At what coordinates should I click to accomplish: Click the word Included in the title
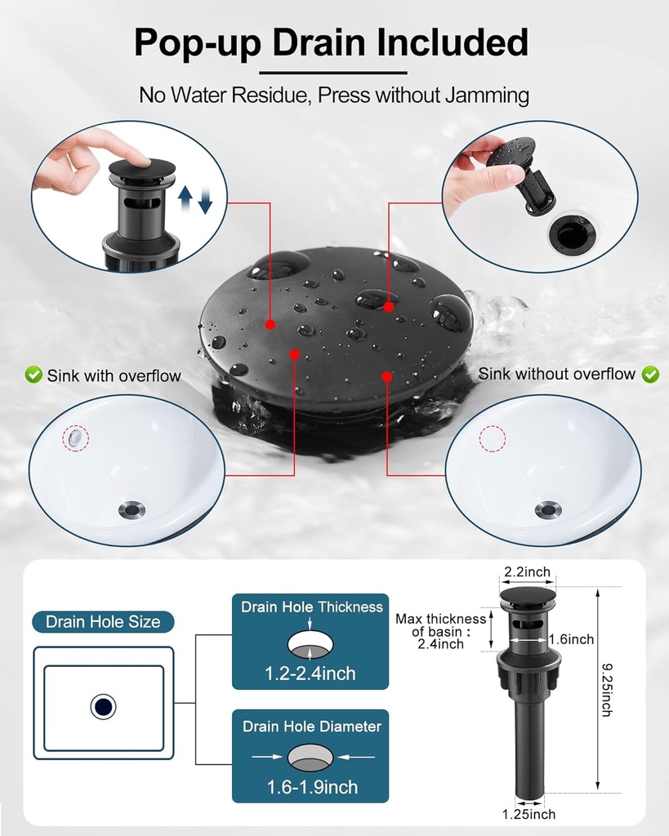[452, 42]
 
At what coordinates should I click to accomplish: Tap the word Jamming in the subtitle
[487, 96]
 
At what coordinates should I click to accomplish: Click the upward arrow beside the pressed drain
[185, 198]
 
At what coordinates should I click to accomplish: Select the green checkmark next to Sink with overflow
[33, 375]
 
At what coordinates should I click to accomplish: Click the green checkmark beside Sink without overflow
[650, 374]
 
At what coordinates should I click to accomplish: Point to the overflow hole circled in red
[76, 438]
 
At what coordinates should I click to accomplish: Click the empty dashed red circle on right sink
[493, 438]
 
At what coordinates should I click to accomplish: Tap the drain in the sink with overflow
[132, 510]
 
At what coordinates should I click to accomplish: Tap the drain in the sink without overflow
[548, 510]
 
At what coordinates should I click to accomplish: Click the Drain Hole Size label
[103, 621]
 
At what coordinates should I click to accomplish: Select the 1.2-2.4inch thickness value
[310, 674]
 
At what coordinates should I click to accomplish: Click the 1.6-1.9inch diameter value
[312, 787]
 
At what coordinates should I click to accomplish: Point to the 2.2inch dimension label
[527, 572]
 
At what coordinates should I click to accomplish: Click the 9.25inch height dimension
[607, 690]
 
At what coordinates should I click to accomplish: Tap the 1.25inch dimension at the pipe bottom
[529, 814]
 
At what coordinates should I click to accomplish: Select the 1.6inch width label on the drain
[571, 639]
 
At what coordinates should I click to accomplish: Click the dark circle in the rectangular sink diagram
[103, 707]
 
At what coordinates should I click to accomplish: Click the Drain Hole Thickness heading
[312, 607]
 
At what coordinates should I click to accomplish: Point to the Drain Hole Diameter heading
[312, 726]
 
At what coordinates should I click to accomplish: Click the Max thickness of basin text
[440, 631]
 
